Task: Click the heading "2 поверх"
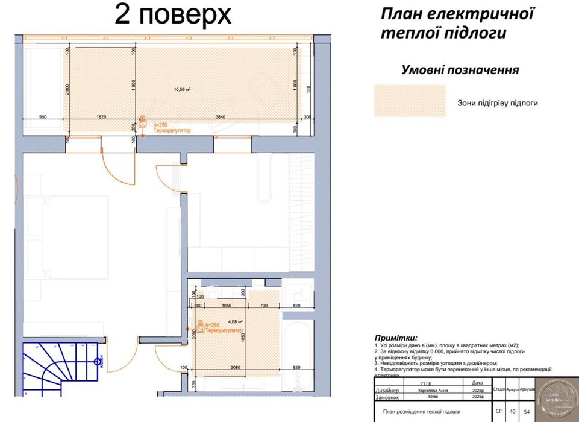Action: click(173, 15)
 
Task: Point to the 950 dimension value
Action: click(43, 116)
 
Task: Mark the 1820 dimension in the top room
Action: click(101, 116)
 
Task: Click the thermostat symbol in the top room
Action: click(143, 121)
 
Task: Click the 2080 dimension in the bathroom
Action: click(235, 367)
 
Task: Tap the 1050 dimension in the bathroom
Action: click(227, 306)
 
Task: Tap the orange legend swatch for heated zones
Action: click(410, 101)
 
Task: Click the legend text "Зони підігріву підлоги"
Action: click(497, 103)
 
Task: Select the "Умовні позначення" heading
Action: click(460, 70)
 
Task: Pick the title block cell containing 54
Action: click(527, 412)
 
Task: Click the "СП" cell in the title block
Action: click(499, 412)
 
